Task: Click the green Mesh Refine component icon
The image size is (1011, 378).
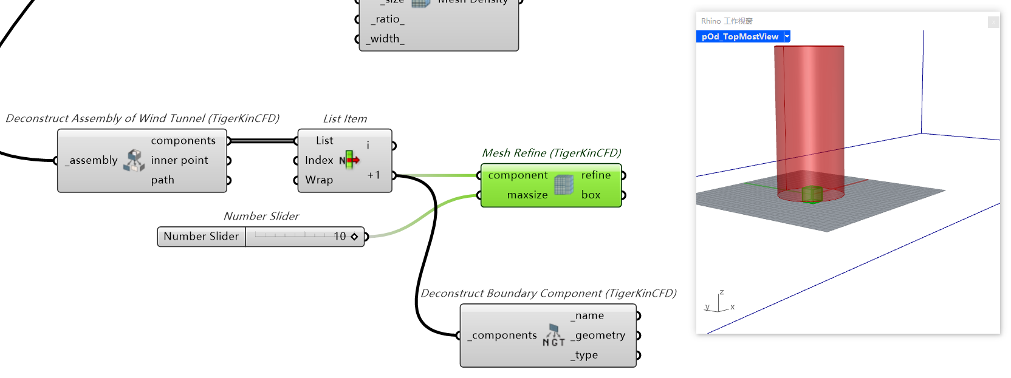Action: [564, 185]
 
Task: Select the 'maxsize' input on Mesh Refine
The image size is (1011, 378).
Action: [527, 195]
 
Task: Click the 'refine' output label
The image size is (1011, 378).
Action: [595, 175]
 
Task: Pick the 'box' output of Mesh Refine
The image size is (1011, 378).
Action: [591, 195]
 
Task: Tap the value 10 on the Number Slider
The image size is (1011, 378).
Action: [340, 236]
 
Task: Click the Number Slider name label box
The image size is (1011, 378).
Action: [201, 236]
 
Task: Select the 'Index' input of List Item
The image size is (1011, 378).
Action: [319, 160]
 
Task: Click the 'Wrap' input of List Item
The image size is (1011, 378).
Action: [319, 180]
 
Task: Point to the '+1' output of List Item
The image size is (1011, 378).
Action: [374, 175]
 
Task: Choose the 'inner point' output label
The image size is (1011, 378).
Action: [179, 160]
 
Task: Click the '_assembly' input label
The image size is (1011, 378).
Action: [92, 160]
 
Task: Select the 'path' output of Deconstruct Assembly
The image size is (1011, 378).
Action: [163, 180]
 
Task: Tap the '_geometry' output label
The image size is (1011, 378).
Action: [598, 335]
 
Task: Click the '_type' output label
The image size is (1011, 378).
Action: [584, 355]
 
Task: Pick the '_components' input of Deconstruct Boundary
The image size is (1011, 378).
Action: [503, 335]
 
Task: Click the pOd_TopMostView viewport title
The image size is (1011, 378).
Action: [739, 36]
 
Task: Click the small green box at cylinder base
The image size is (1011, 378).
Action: [812, 194]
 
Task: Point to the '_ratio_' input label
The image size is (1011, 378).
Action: [387, 19]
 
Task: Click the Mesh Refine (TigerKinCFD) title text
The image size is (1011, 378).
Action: [551, 153]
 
